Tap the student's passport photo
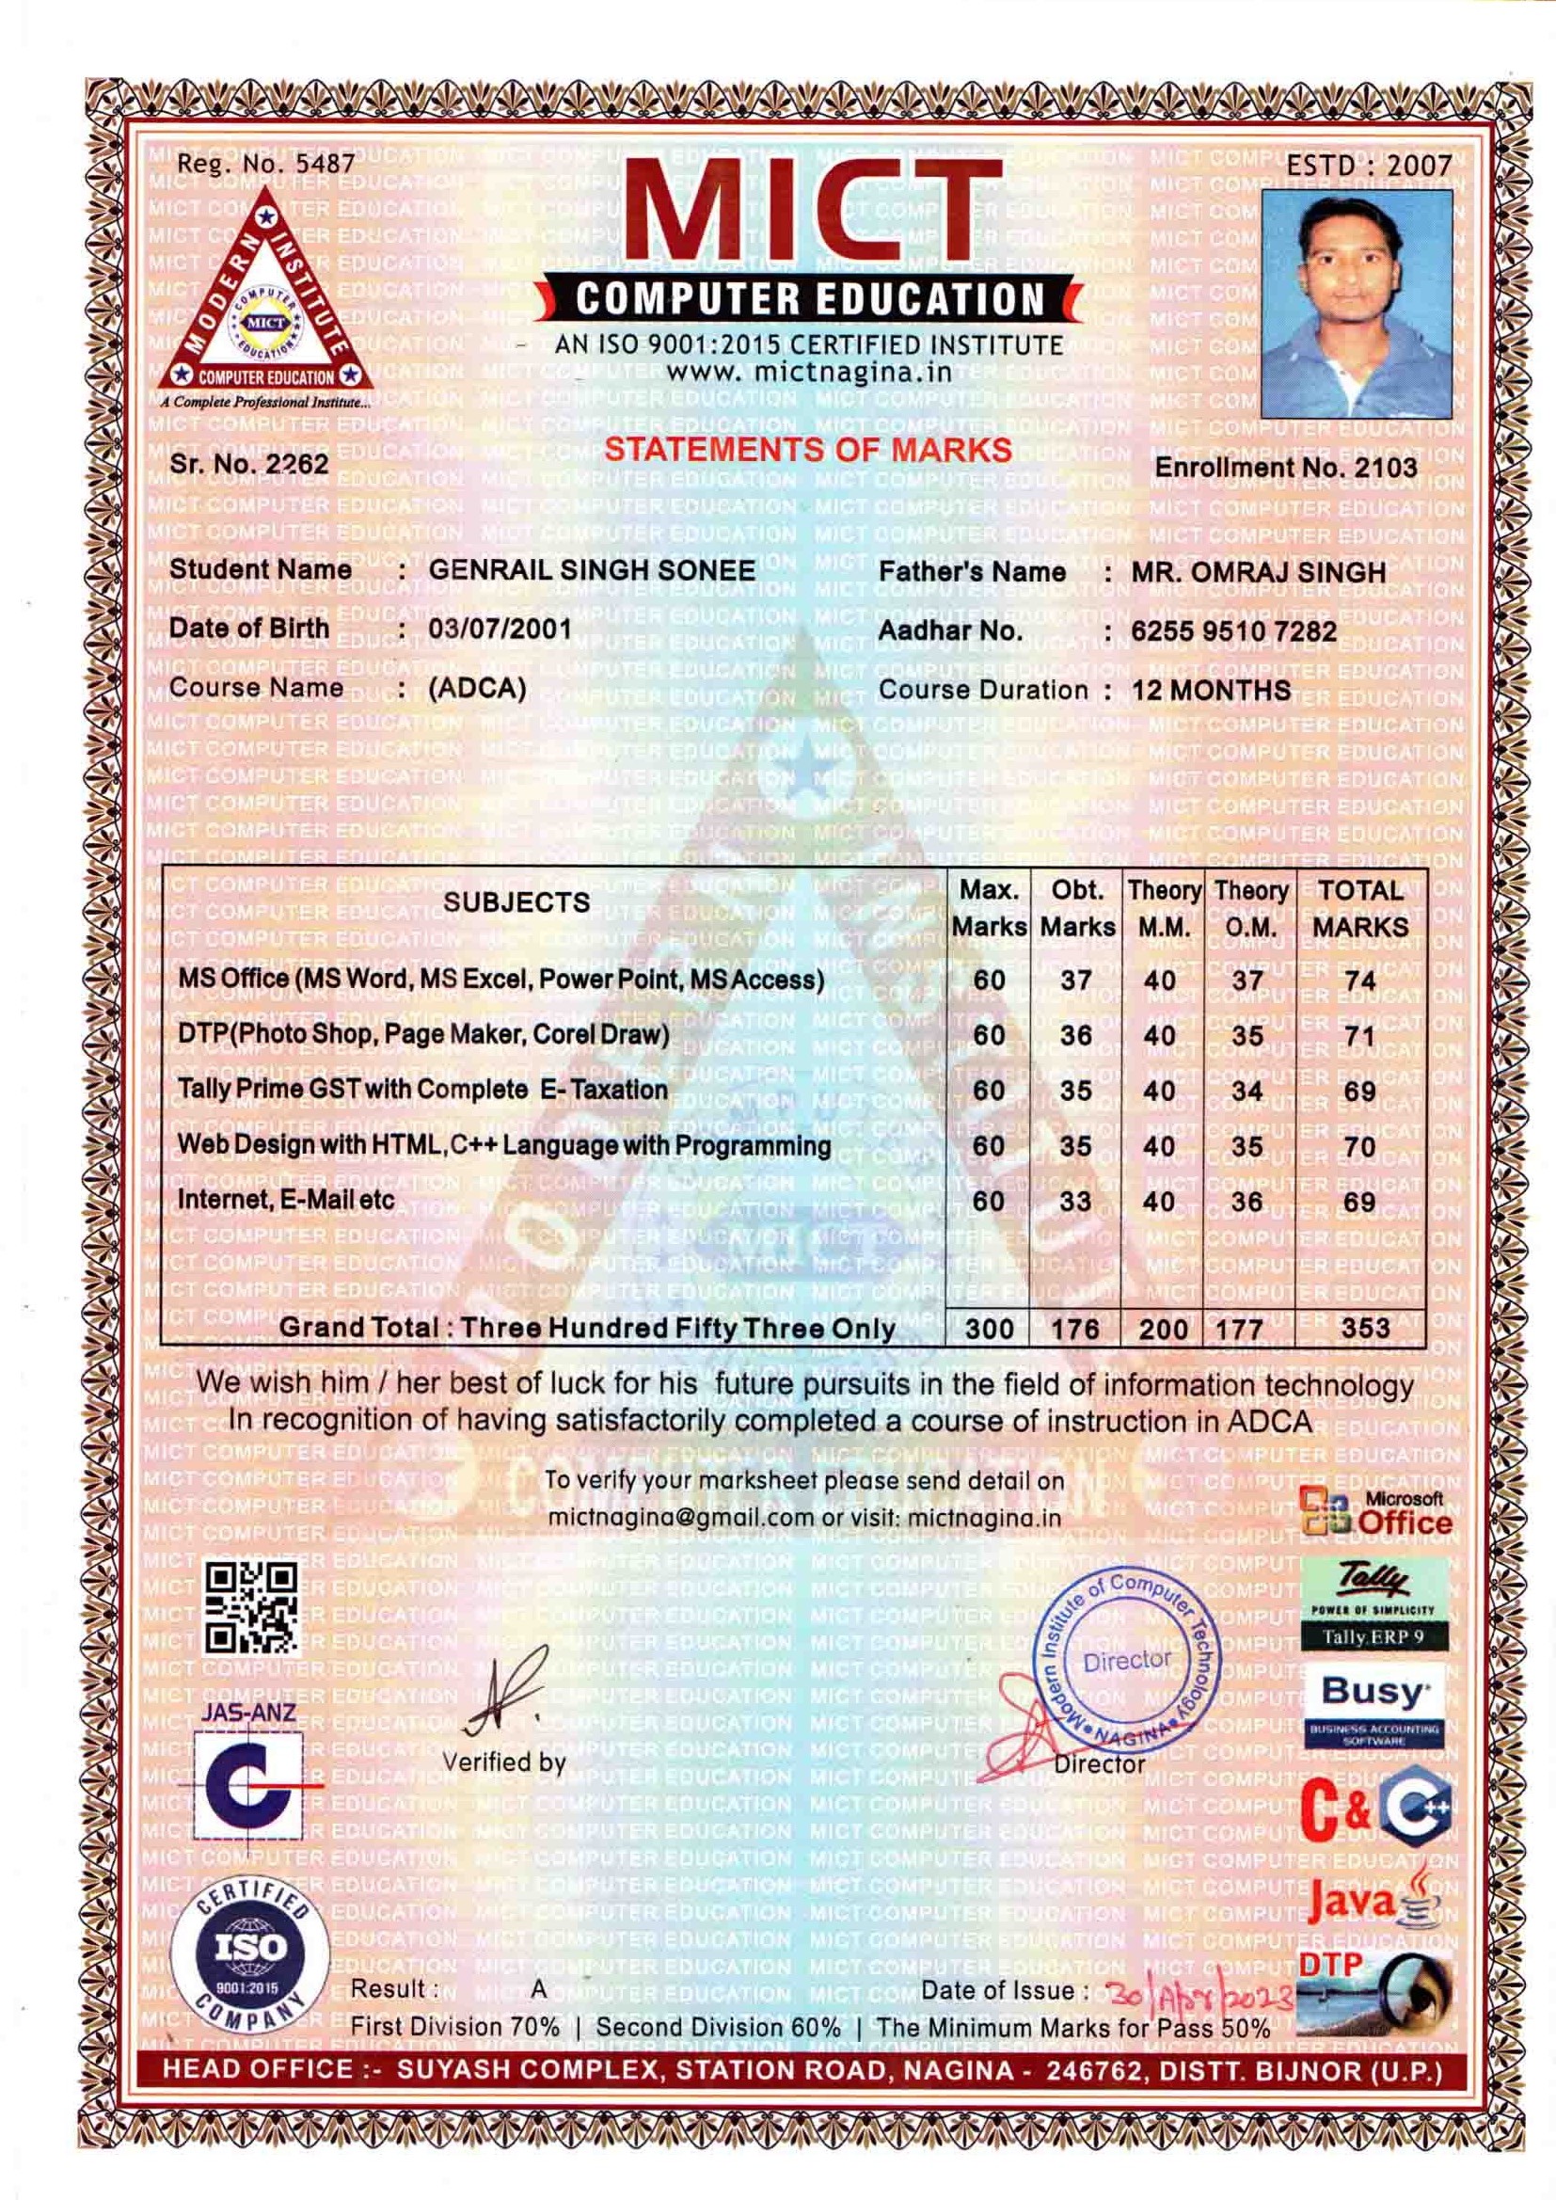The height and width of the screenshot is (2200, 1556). pos(1357,303)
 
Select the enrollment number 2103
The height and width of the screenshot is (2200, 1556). pos(1385,467)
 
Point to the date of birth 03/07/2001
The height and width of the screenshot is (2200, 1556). pos(500,629)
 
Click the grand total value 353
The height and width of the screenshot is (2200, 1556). pos(1365,1327)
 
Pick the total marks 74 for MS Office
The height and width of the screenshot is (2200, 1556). pos(1359,980)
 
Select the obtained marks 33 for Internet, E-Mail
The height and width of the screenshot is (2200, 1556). pos(1076,1201)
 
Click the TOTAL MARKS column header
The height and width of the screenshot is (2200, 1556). pos(1359,907)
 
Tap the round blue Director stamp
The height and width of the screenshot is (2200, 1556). pos(1128,1663)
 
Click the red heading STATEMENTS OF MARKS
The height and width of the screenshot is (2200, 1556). pos(809,450)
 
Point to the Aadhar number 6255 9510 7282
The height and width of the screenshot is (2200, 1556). pos(1233,631)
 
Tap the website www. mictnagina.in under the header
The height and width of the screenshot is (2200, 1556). pos(809,372)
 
